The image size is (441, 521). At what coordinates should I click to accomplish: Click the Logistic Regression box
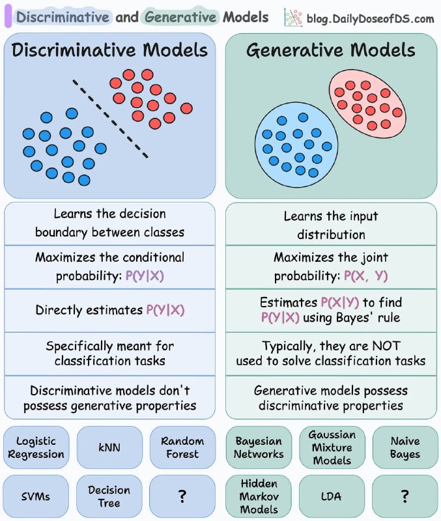[x=36, y=447]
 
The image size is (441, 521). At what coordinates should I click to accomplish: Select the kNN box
[x=109, y=447]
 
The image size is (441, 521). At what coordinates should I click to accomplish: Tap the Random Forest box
[x=182, y=447]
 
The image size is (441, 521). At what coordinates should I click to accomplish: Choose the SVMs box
[x=36, y=496]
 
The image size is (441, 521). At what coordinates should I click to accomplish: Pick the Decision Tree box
[x=109, y=496]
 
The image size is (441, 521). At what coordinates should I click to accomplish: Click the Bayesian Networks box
[x=259, y=447]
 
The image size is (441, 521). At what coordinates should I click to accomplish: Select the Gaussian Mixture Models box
[x=332, y=447]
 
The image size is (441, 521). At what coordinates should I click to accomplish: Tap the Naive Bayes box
[x=405, y=447]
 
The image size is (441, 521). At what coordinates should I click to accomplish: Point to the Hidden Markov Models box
[x=259, y=496]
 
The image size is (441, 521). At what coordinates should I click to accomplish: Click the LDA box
[x=332, y=496]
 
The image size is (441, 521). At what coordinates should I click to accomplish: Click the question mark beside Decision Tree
[x=182, y=496]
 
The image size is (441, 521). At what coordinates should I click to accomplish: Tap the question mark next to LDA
[x=405, y=496]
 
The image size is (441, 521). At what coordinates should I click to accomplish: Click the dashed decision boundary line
[x=110, y=119]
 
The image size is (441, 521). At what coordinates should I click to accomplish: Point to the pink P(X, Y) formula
[x=365, y=276]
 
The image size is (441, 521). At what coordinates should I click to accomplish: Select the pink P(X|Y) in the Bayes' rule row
[x=339, y=302]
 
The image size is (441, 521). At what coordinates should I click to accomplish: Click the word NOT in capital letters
[x=386, y=346]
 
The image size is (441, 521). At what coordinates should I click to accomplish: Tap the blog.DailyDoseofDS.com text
[x=370, y=19]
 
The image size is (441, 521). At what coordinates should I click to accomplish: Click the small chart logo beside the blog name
[x=293, y=18]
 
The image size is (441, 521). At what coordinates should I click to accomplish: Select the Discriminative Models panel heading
[x=109, y=50]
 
